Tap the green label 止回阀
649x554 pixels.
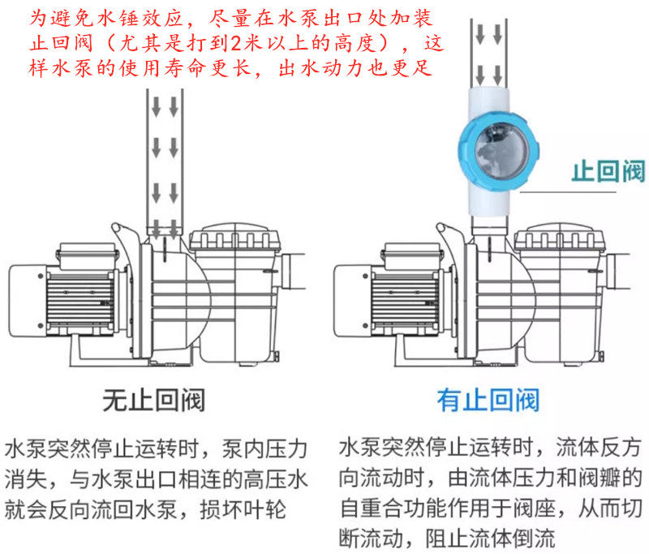pyautogui.click(x=608, y=172)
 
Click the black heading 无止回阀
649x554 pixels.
pyautogui.click(x=153, y=400)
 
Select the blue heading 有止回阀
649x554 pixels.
pyautogui.click(x=488, y=400)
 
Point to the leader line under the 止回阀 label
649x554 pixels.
pyautogui.click(x=564, y=193)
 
